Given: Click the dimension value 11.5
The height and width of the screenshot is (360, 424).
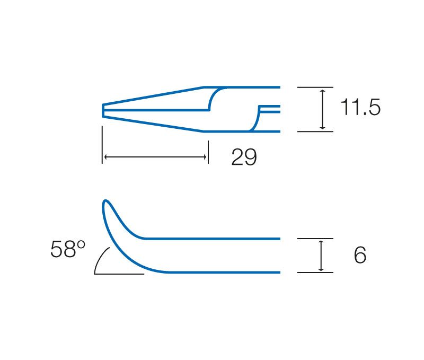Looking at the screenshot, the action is [360, 107].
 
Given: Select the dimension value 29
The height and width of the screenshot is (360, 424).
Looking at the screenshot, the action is [244, 157].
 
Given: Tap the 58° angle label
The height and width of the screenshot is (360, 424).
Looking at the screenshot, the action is [68, 249].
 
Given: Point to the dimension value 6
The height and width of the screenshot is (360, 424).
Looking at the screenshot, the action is [360, 255].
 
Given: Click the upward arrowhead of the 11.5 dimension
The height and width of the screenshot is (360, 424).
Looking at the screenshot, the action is [322, 92].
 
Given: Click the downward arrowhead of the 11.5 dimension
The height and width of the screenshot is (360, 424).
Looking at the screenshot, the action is [322, 127].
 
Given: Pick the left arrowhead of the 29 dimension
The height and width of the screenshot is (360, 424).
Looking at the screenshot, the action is [107, 157].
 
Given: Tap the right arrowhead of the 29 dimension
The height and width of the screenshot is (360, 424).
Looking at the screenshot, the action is [204, 157].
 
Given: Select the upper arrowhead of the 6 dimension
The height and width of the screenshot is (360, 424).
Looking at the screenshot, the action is [321, 243].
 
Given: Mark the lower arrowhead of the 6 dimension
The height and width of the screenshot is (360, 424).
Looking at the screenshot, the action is [321, 268].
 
